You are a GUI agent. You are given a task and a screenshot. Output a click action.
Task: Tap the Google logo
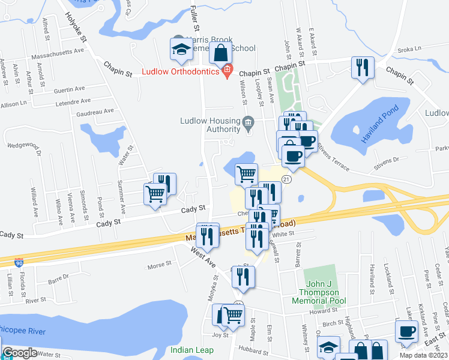coord(20,353)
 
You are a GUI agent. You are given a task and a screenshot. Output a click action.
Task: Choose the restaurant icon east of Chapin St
coord(363,67)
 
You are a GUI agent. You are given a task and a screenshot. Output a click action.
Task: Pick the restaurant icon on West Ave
coord(207,235)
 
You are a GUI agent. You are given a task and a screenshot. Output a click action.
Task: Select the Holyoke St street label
coord(77,28)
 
